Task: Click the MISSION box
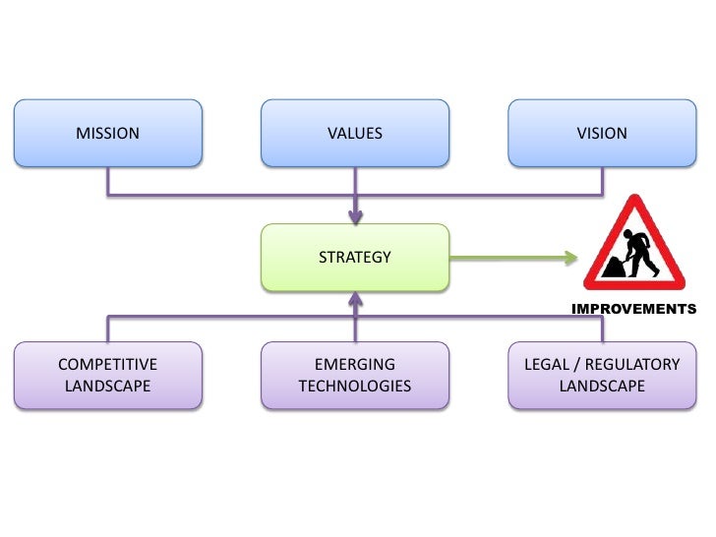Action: (107, 134)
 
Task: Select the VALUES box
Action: (354, 134)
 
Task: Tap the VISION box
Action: (602, 134)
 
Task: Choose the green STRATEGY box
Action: (354, 258)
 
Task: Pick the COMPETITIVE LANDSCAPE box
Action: (107, 375)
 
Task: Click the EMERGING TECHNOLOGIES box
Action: (354, 375)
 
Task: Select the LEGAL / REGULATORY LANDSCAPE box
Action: (602, 375)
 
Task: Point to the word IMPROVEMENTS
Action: (633, 309)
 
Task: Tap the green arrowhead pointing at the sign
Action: (571, 258)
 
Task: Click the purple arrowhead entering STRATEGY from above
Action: (354, 216)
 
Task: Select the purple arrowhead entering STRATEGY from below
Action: (354, 299)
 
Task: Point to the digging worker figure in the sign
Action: (641, 250)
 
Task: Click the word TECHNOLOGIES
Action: (354, 386)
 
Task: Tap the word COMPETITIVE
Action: (107, 364)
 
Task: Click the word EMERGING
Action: (354, 364)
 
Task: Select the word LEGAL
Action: (546, 364)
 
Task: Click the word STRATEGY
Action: (354, 258)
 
